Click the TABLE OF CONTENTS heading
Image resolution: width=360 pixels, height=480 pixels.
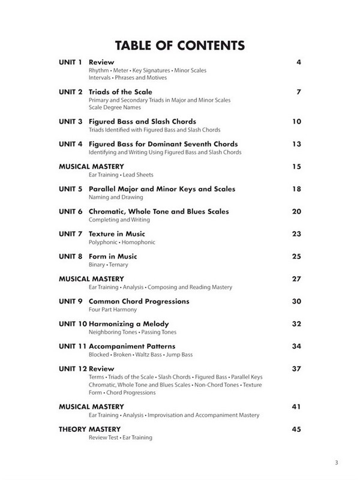[180, 45]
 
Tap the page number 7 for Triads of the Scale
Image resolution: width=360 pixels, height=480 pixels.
[298, 92]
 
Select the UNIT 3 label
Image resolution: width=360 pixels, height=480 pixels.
[71, 122]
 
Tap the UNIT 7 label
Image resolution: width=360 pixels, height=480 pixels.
[71, 234]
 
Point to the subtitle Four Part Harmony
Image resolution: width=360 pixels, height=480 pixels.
[112, 310]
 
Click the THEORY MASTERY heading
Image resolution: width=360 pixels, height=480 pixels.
[90, 429]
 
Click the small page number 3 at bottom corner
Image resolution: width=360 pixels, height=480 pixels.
[338, 462]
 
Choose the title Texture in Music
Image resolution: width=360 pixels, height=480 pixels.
[117, 234]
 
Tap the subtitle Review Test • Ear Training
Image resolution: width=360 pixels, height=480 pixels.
[120, 438]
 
